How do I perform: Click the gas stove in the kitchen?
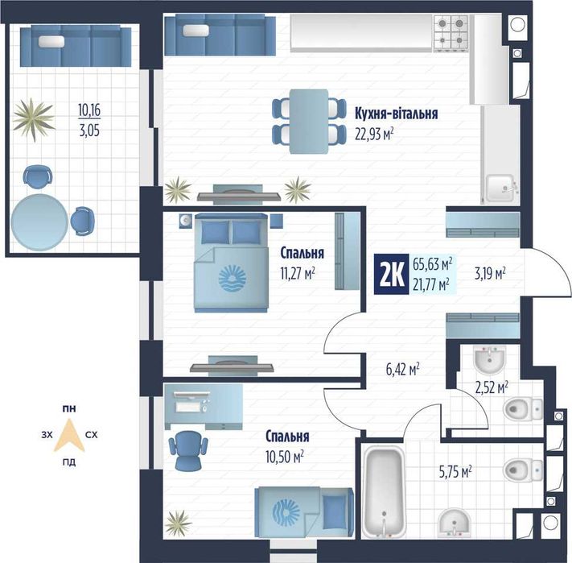[451, 34]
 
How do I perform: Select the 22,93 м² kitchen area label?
[374, 135]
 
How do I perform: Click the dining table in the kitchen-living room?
[309, 122]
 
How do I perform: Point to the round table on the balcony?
[39, 222]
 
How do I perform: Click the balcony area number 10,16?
[89, 110]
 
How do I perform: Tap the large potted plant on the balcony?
[34, 119]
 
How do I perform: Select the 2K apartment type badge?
[392, 274]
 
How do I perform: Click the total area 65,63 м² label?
[433, 263]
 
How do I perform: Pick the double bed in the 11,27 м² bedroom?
[231, 263]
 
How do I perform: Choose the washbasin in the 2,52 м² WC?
[490, 360]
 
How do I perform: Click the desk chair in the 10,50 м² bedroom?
[188, 450]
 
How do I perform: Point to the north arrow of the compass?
[69, 435]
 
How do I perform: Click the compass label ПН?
[69, 408]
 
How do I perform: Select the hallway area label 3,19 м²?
[490, 273]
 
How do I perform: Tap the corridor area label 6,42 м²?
[402, 370]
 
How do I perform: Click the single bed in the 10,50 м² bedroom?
[304, 512]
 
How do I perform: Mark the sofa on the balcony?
[76, 46]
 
